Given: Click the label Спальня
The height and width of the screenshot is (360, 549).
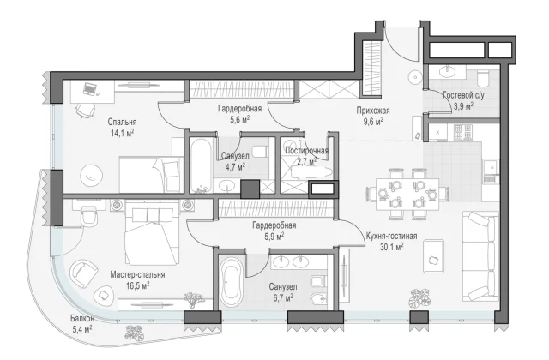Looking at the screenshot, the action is tap(122, 122).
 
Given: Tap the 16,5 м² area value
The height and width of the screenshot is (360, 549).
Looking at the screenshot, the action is tap(138, 285).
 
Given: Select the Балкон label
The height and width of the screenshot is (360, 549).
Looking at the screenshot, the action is tap(82, 318).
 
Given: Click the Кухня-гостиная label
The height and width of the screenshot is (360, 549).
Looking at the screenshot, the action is tap(391, 236).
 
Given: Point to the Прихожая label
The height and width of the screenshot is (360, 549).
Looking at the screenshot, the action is tap(373, 111).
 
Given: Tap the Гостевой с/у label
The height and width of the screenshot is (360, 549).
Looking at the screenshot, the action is tap(463, 95).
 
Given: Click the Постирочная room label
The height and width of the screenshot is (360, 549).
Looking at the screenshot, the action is tap(307, 151).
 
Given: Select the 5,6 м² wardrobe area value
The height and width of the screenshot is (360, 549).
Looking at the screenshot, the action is tap(240, 120).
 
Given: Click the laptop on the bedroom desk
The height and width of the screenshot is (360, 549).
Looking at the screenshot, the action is tap(90, 89).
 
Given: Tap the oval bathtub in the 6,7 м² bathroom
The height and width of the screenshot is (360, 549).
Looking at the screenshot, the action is tap(231, 282).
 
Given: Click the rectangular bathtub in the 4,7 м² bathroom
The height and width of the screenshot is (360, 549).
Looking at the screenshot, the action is tap(201, 165).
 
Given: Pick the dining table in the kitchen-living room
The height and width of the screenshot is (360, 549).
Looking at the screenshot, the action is tap(407, 195).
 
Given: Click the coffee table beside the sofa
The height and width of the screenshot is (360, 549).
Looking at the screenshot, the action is tap(434, 256).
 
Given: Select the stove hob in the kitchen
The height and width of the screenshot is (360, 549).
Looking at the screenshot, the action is tap(463, 132).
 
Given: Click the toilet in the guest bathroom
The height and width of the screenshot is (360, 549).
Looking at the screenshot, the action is tap(483, 78).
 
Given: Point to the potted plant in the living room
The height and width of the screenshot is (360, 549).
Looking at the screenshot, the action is tap(420, 298).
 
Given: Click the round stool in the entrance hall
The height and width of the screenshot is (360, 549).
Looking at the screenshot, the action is tap(415, 77).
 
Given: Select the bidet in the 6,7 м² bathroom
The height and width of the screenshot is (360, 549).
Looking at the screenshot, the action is tap(318, 299).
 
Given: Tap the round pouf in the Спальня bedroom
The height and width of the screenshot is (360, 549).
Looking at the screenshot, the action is tap(92, 175).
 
